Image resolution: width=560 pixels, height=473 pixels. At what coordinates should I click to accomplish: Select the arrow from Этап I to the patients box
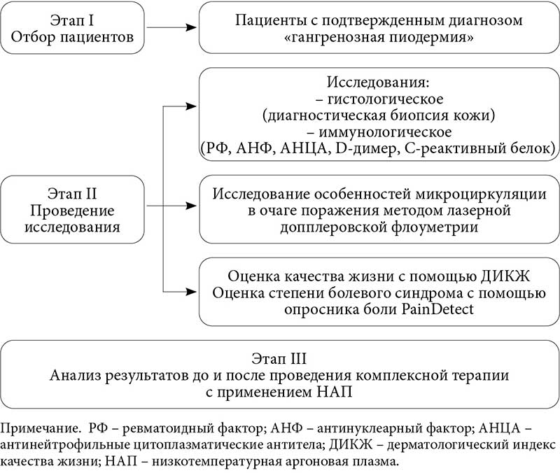[169, 28]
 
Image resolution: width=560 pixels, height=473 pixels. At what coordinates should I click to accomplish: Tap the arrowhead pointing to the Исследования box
[190, 106]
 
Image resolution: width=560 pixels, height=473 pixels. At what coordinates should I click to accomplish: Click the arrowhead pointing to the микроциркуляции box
[190, 206]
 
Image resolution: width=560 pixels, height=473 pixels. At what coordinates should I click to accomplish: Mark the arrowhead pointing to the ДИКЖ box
[190, 291]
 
